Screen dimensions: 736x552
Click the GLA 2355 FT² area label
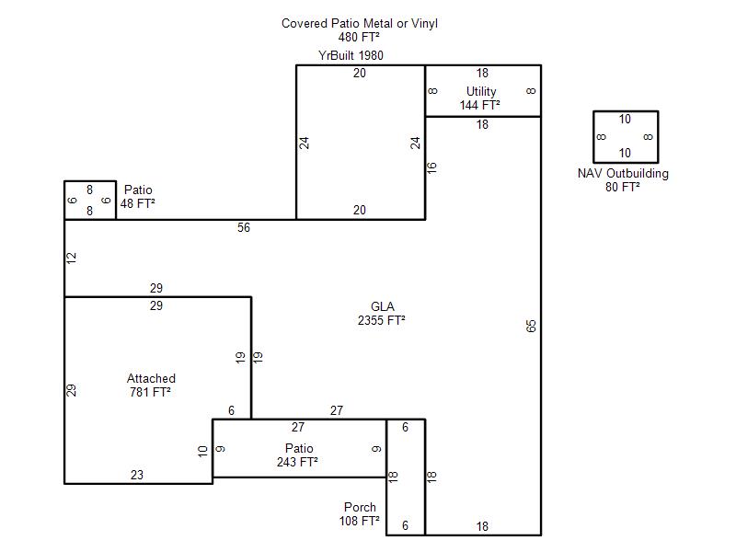click(x=382, y=314)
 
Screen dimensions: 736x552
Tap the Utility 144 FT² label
click(x=480, y=98)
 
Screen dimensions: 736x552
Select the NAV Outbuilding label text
click(x=623, y=173)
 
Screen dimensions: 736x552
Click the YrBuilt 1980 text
click(x=351, y=55)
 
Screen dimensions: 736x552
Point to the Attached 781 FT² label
click(x=151, y=385)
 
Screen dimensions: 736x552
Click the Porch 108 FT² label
click(x=360, y=514)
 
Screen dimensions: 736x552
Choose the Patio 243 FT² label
click(x=297, y=455)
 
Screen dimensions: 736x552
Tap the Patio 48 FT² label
click(x=137, y=197)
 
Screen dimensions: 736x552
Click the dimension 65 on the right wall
click(x=531, y=326)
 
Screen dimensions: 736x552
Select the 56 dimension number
click(x=244, y=227)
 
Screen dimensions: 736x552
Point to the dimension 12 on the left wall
click(x=72, y=258)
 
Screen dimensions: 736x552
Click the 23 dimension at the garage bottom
click(x=137, y=475)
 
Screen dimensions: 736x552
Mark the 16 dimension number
click(x=431, y=167)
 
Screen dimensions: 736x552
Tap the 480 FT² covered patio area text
click(x=359, y=37)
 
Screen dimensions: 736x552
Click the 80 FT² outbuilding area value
click(x=623, y=187)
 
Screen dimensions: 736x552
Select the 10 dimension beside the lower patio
click(x=202, y=452)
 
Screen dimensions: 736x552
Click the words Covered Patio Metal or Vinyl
click(x=360, y=24)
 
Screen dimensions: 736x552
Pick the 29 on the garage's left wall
click(x=72, y=390)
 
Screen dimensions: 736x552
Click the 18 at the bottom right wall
click(x=482, y=526)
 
